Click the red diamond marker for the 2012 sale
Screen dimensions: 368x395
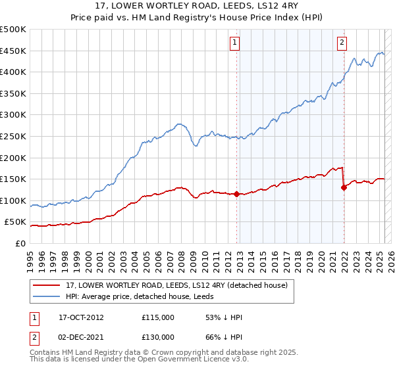(236, 194)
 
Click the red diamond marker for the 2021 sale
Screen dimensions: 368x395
(344, 187)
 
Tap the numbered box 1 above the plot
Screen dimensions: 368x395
(235, 43)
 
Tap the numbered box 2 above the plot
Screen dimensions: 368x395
(342, 43)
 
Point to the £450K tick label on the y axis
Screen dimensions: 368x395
(13, 51)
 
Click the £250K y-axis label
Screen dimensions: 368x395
(13, 136)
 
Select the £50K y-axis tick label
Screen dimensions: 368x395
(16, 222)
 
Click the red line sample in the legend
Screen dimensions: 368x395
(47, 286)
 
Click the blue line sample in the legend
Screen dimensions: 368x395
(47, 297)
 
